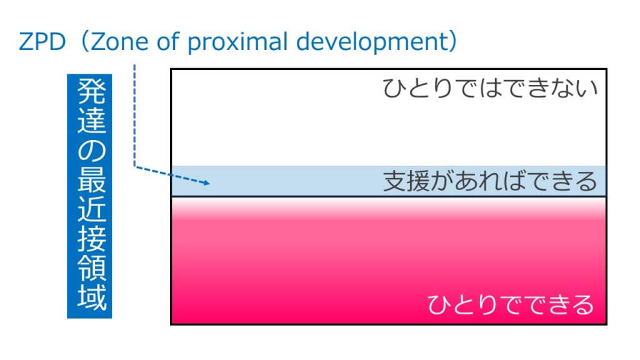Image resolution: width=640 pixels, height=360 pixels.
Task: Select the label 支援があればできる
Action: (x=491, y=181)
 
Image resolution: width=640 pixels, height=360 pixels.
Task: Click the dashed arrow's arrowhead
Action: (x=206, y=183)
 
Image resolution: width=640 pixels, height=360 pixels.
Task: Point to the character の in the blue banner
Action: (x=90, y=154)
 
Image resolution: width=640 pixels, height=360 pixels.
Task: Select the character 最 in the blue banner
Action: (x=90, y=182)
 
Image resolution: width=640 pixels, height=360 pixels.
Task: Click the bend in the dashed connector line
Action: (x=134, y=166)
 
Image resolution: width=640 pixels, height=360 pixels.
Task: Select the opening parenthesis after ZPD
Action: (x=80, y=42)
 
